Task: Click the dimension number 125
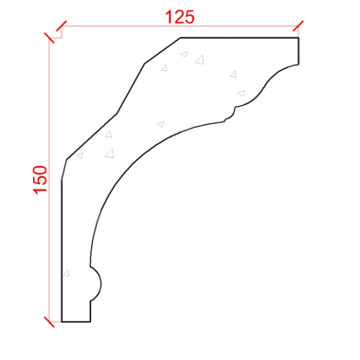pos(180,17)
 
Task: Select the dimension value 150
pos(41,180)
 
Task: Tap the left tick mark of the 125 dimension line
pos(62,27)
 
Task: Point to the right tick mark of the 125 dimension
pos(298,27)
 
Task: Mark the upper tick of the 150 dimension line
pos(49,38)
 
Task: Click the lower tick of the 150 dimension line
pos(49,322)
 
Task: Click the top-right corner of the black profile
pos(298,38)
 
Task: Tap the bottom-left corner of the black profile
pos(62,322)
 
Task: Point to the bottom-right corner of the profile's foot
pos(90,322)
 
